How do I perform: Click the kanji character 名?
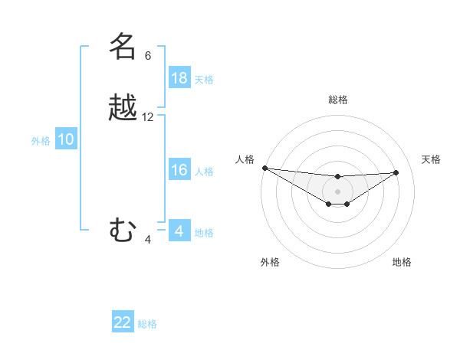(x=123, y=46)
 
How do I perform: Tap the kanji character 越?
(x=123, y=108)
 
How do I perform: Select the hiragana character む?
(x=123, y=230)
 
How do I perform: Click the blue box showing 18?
(x=179, y=78)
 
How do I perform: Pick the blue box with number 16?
(x=179, y=170)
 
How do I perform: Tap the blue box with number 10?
(x=66, y=139)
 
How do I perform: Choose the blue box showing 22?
(x=123, y=322)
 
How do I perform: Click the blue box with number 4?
(x=179, y=231)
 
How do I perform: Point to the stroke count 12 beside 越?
(x=148, y=117)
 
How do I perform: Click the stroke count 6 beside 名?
(x=148, y=55)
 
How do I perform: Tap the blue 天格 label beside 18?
(x=204, y=79)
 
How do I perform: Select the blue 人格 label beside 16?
(x=204, y=171)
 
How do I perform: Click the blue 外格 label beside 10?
(x=41, y=141)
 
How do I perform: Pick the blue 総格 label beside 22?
(x=147, y=324)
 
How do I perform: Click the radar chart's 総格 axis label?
(x=337, y=100)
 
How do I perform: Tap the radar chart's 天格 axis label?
(x=432, y=159)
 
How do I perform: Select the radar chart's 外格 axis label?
(x=270, y=262)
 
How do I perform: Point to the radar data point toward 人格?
(x=264, y=168)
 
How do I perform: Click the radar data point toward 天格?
(x=396, y=172)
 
